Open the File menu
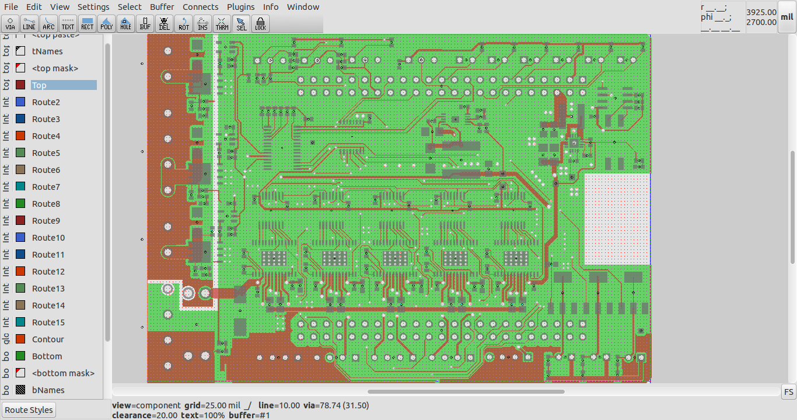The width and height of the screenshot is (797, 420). click(11, 7)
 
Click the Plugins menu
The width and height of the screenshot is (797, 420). click(240, 7)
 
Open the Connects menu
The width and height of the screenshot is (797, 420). click(200, 7)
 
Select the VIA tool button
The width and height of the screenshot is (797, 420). click(11, 23)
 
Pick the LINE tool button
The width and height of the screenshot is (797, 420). click(29, 23)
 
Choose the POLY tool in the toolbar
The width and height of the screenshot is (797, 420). click(106, 23)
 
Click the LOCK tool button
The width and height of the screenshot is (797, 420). click(260, 23)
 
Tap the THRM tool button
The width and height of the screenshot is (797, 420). click(222, 23)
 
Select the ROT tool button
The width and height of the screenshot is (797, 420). click(183, 23)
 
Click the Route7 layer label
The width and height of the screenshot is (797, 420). click(46, 187)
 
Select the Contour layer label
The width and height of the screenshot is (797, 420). click(48, 339)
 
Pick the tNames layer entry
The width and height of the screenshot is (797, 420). click(47, 51)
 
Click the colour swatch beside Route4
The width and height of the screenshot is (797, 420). click(20, 136)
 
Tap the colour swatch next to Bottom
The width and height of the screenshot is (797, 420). click(20, 356)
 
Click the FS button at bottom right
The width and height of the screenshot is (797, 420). click(788, 391)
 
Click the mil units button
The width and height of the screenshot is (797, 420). click(787, 17)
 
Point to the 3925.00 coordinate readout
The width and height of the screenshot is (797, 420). click(761, 12)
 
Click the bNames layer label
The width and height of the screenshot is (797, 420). click(48, 390)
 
